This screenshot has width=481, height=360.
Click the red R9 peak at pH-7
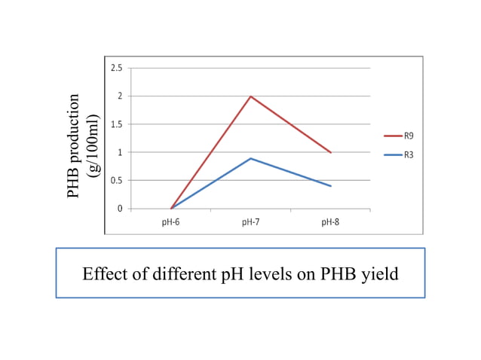[250, 96]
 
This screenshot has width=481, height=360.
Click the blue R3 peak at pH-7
[250, 158]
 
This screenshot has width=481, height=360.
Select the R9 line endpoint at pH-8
[331, 152]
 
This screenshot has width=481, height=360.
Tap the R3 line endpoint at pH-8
[331, 186]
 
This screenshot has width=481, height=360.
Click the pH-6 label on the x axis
[171, 222]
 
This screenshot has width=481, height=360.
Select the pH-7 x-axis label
[251, 222]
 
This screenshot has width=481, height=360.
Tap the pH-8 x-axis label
[331, 222]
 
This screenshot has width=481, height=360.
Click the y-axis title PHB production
[73, 146]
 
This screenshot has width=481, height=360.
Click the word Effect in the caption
[102, 273]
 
